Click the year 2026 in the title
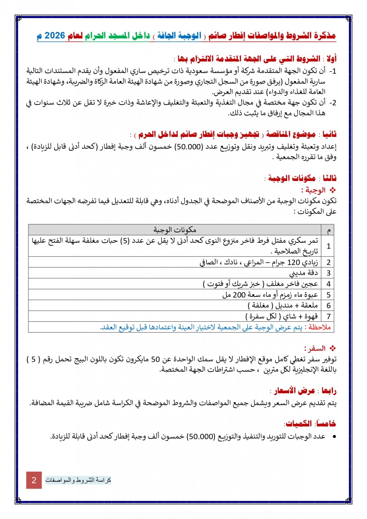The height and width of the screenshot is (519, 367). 55,36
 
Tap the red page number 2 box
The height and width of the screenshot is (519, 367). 34,480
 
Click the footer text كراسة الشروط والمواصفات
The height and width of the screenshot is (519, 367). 78,480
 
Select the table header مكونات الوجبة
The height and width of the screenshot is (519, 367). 175,230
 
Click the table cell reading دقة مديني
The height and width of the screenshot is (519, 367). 303,273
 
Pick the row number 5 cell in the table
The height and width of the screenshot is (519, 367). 328,295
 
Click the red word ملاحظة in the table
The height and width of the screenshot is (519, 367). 320,327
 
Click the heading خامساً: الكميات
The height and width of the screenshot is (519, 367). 310,424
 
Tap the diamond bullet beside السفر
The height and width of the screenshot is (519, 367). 333,348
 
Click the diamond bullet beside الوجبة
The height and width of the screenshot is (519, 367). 333,191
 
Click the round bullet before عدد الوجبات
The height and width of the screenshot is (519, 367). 334,437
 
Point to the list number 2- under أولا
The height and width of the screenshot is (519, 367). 333,103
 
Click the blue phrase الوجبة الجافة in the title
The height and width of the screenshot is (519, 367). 179,36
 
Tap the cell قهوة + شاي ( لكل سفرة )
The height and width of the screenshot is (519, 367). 282,316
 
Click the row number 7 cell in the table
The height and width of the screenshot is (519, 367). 328,316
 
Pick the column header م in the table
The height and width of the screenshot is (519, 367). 328,230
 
